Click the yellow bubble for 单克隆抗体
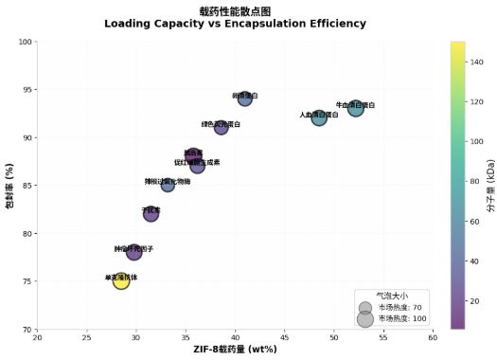(x=121, y=280)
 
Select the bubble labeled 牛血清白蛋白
(x=355, y=108)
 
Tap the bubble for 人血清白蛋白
(x=319, y=117)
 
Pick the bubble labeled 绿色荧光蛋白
(x=221, y=127)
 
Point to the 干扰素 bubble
(x=151, y=213)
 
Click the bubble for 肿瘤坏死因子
(x=133, y=252)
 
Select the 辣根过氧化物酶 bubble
(x=168, y=185)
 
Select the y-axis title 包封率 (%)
(x=9, y=185)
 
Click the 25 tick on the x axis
(x=86, y=337)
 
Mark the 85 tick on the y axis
(x=25, y=185)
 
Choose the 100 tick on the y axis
(x=23, y=42)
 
